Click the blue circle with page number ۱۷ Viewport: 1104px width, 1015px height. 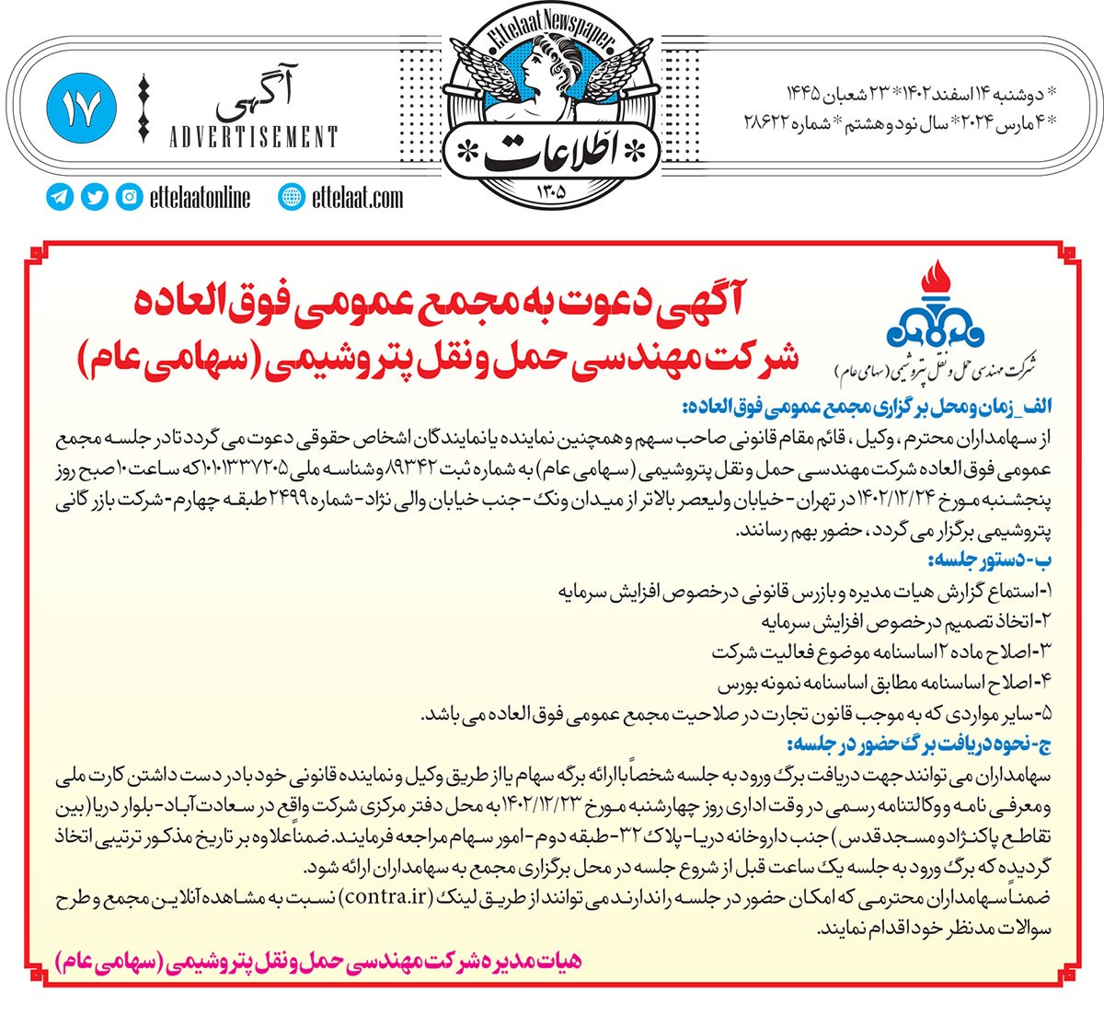click(x=81, y=110)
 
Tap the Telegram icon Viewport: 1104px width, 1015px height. click(x=61, y=197)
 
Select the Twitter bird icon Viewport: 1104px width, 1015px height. click(x=95, y=197)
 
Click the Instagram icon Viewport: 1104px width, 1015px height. click(x=129, y=197)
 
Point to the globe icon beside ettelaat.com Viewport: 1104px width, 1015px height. click(x=292, y=197)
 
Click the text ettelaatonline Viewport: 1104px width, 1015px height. click(x=199, y=197)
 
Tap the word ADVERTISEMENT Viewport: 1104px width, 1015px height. click(x=254, y=138)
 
